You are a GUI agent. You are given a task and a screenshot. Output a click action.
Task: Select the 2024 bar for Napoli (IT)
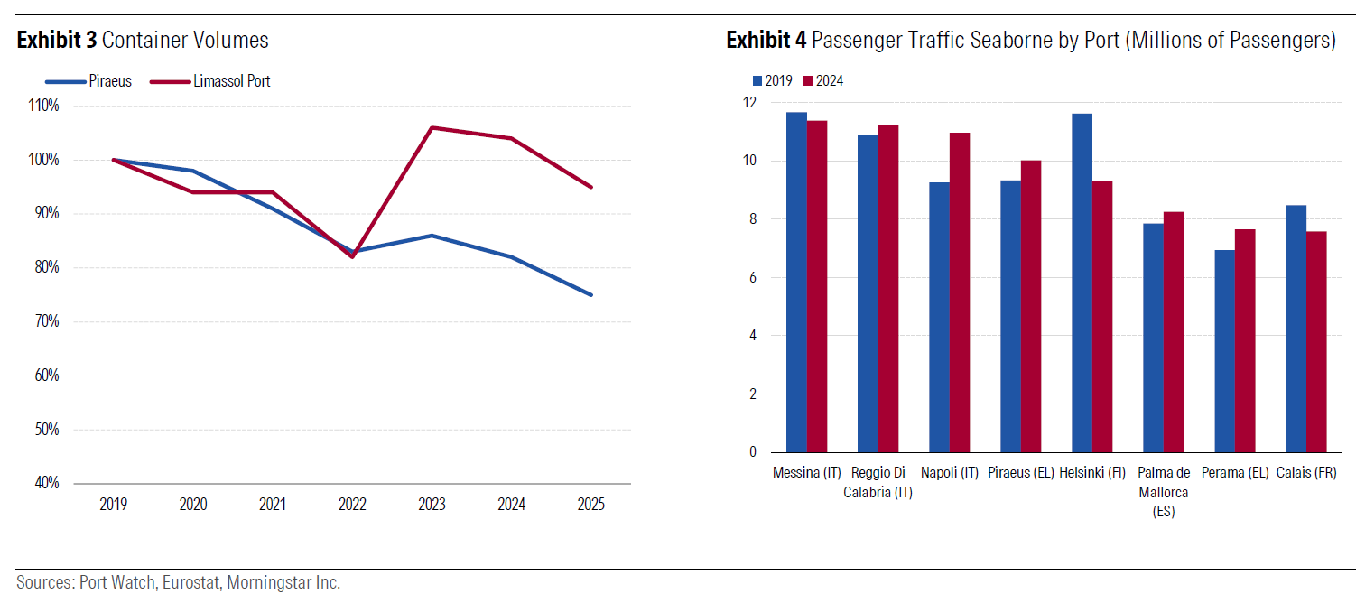pos(959,292)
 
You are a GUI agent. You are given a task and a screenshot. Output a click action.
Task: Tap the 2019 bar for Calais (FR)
pos(1296,329)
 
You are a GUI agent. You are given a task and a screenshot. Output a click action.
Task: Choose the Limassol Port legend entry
pos(231,81)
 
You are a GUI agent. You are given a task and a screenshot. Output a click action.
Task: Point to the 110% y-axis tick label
pos(44,106)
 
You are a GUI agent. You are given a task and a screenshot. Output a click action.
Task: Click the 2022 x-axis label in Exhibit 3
pos(352,505)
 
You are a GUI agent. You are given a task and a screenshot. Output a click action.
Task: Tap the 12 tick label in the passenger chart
pos(748,103)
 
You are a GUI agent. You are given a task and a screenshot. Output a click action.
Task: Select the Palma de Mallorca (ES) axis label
pos(1163,492)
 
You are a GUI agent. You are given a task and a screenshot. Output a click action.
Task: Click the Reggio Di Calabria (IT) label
pos(878,482)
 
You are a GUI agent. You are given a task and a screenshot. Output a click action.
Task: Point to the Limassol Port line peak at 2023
pos(432,127)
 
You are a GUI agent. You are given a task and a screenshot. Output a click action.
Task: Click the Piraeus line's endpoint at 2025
pos(591,295)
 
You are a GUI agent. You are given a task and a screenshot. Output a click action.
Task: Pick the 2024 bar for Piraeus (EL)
pos(1030,306)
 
